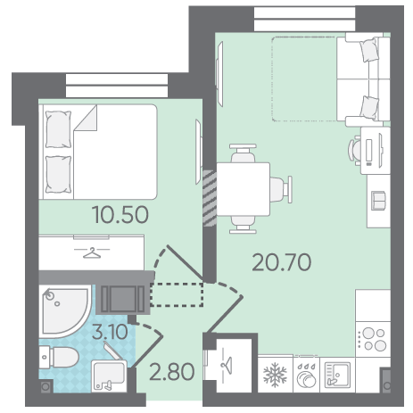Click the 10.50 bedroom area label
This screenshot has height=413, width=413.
coord(120,215)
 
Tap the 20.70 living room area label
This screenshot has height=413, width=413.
coord(282,262)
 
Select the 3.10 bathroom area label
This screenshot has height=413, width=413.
coord(110,332)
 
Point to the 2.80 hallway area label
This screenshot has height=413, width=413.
coord(172,372)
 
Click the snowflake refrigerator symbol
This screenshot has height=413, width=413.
coord(276,375)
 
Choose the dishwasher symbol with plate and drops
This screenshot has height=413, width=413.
coord(306,376)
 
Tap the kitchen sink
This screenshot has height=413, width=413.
coord(337,375)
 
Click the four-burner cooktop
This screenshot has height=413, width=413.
coord(373,339)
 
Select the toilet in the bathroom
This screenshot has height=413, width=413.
coord(60,357)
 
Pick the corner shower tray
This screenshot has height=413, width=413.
coord(64,310)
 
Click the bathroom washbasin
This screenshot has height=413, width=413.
coord(109,376)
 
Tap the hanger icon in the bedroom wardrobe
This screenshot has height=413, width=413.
coord(92,253)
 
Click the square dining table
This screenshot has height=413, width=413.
coord(244,189)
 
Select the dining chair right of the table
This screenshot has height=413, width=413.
coord(281,189)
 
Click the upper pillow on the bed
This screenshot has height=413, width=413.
coord(58,129)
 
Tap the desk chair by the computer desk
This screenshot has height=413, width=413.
coord(355,150)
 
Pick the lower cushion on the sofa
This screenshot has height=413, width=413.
coord(369,108)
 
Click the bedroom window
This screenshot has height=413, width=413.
coord(117,86)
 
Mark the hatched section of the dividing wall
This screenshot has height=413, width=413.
coord(210,198)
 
